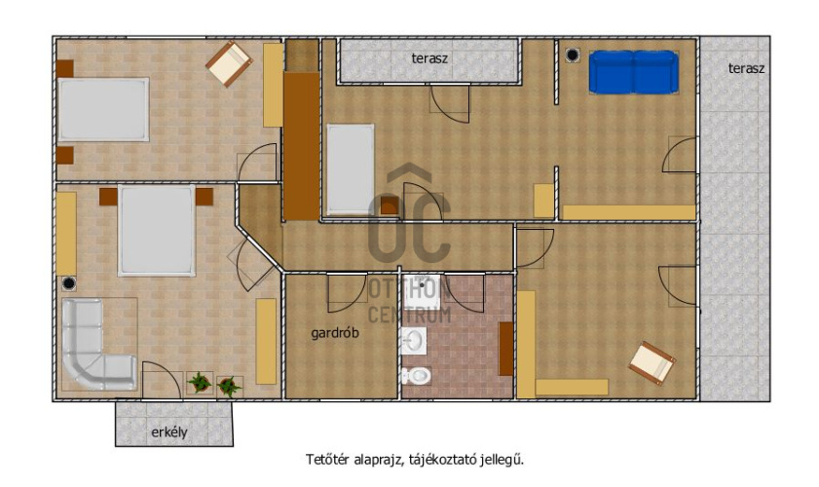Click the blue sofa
[634, 72]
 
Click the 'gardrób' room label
[335, 333]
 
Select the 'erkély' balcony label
[168, 432]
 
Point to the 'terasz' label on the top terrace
[429, 58]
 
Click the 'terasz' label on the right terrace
[746, 68]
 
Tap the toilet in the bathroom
[416, 375]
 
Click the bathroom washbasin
[414, 341]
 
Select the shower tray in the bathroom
[422, 291]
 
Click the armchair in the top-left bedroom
[229, 64]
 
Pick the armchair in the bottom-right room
[651, 363]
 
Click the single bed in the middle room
[350, 169]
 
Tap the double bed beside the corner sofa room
[156, 230]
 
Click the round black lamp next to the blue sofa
[573, 55]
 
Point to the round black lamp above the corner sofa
[68, 283]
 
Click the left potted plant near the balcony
[200, 383]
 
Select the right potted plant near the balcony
[229, 387]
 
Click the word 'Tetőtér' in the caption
[327, 460]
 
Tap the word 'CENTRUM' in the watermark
[409, 315]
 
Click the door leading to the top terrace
[449, 103]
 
